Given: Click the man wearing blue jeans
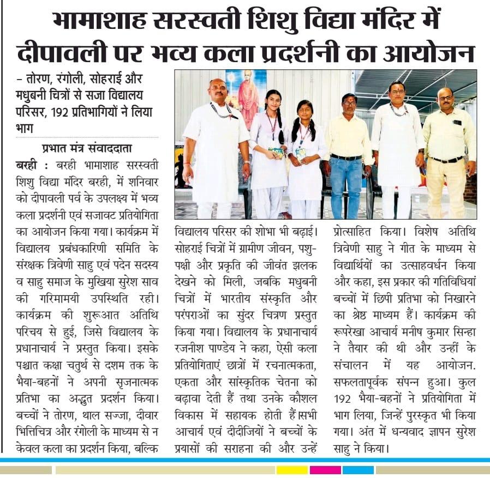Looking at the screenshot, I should coord(345,155).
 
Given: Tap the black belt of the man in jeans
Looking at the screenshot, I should coord(346,157).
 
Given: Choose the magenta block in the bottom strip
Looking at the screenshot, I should coord(325,469).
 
